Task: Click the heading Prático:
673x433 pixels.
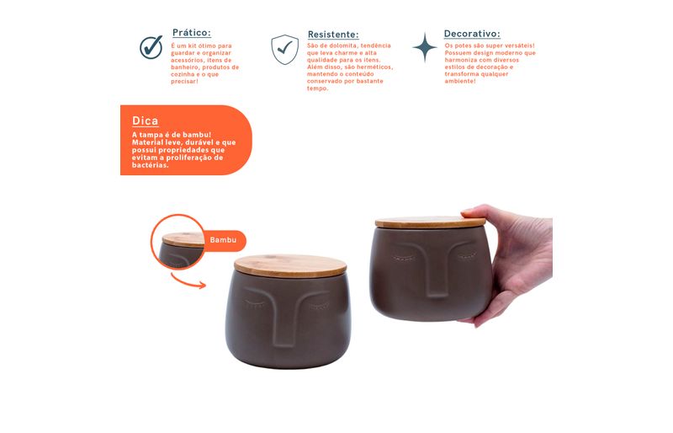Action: click(192, 33)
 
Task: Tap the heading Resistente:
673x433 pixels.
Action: click(333, 35)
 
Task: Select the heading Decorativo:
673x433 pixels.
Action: click(472, 34)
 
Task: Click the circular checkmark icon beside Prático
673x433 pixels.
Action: click(151, 47)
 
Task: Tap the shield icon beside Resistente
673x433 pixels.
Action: click(284, 50)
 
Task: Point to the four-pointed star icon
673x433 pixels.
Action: click(425, 47)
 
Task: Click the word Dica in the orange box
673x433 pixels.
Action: click(145, 120)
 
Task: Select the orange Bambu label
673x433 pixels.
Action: click(224, 240)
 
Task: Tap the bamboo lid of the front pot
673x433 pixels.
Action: click(290, 265)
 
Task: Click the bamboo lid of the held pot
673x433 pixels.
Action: click(430, 222)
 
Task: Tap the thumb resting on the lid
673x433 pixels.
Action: click(474, 213)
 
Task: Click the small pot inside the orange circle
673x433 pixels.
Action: click(181, 250)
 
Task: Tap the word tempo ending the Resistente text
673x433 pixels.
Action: click(318, 88)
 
